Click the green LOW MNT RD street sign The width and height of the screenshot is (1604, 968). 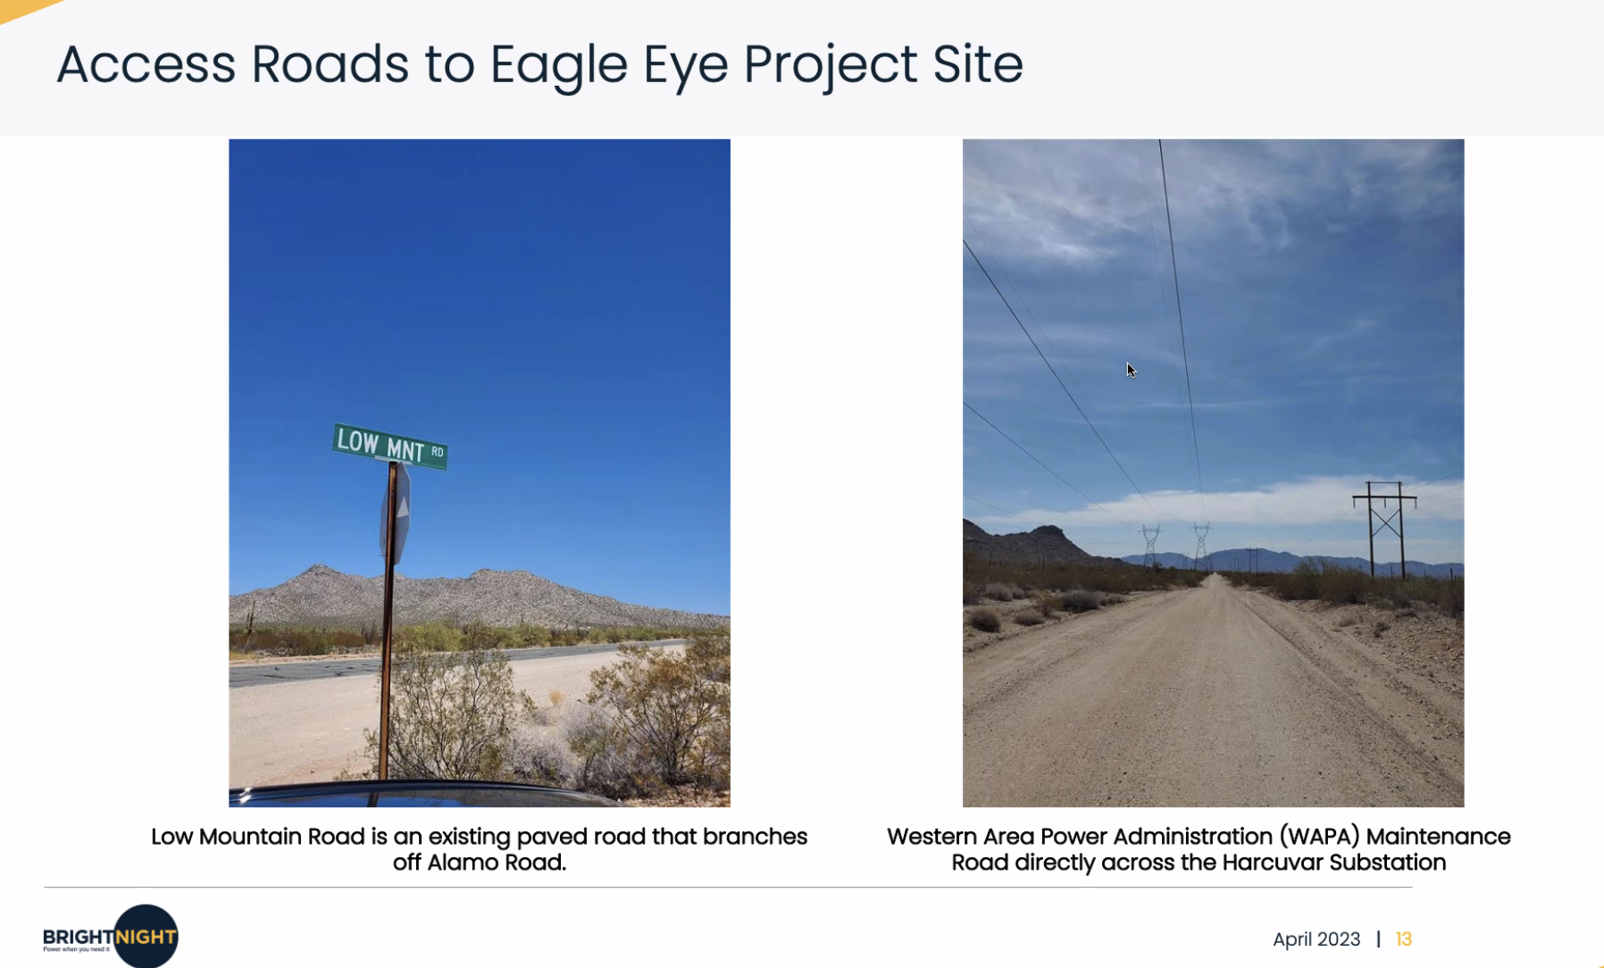(x=390, y=446)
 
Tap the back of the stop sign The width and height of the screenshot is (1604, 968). (x=398, y=514)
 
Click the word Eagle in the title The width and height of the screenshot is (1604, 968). (x=559, y=66)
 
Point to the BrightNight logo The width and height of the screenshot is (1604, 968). (x=111, y=936)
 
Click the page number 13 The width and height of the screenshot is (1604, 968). (x=1404, y=939)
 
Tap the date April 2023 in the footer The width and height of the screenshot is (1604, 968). (x=1316, y=939)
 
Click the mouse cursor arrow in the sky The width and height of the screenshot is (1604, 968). (x=1131, y=371)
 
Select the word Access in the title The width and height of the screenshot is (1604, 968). (x=146, y=64)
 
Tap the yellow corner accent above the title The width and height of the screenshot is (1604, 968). (x=27, y=9)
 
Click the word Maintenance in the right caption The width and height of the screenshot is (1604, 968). (x=1438, y=837)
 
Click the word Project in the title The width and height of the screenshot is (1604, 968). (x=831, y=66)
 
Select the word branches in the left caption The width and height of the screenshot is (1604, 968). (x=755, y=837)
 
